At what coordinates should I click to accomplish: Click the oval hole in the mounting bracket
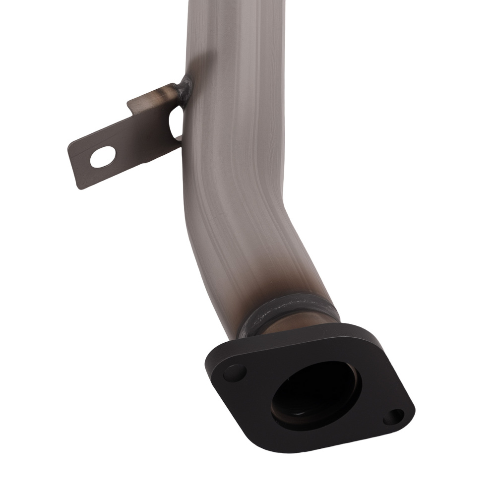(103, 157)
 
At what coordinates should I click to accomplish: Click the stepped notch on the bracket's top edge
(133, 105)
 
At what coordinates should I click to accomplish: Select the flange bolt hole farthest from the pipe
(393, 417)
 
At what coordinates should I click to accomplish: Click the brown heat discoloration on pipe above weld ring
(278, 283)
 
